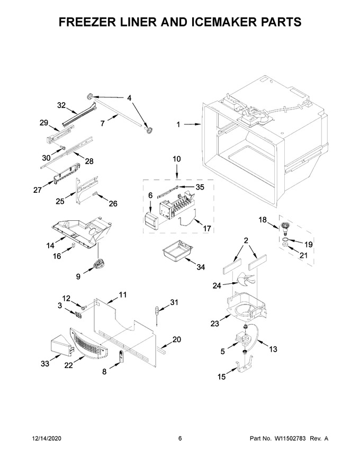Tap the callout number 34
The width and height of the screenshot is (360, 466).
point(201,267)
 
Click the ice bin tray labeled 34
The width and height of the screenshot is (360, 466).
point(176,250)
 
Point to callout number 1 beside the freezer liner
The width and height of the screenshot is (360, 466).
point(178,124)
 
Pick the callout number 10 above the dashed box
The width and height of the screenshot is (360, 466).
point(176,159)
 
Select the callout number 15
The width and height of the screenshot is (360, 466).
point(222,377)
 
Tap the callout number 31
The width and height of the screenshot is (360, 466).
point(174,302)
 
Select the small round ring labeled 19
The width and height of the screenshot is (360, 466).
point(284,239)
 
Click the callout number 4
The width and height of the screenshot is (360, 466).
point(129,98)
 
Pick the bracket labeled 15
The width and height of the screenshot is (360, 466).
point(245,364)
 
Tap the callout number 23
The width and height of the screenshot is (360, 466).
point(215,324)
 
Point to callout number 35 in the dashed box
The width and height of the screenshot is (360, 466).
point(200,187)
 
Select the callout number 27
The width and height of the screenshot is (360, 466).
point(38,190)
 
